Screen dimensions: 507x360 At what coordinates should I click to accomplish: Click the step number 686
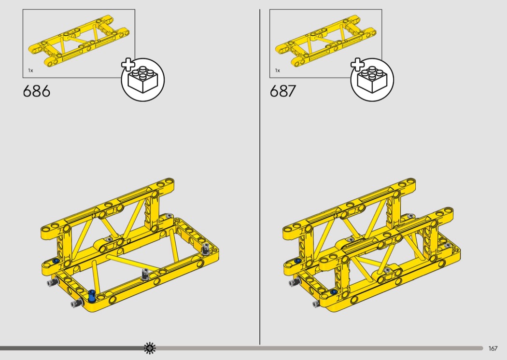[x=37, y=91]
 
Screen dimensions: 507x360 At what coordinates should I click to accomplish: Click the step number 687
[x=282, y=91]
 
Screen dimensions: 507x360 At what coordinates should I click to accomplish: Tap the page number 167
[x=493, y=348]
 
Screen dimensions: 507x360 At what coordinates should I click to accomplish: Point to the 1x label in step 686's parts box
[x=30, y=70]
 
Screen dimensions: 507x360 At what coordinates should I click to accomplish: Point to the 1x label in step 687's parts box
[x=278, y=70]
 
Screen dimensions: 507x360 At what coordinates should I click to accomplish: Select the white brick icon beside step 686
[x=143, y=80]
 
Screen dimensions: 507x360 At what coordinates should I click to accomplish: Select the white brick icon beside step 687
[x=372, y=80]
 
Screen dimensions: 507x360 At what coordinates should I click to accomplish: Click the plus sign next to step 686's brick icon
[x=128, y=65]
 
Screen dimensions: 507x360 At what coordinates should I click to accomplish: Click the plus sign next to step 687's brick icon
[x=358, y=65]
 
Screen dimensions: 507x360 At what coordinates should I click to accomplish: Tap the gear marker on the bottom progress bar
[x=150, y=348]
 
